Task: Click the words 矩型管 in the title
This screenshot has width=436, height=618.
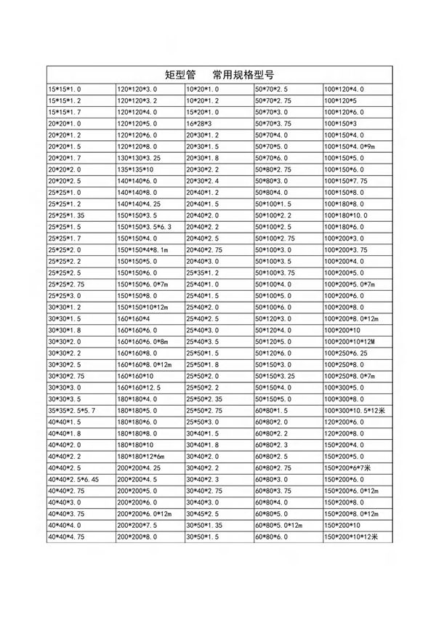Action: (x=181, y=75)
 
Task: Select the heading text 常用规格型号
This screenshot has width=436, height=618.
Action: (x=243, y=75)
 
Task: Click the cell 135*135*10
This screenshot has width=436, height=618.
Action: (x=137, y=169)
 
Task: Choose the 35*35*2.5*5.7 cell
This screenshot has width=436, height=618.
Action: (x=72, y=410)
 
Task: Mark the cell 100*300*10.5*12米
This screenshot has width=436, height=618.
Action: (x=356, y=410)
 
